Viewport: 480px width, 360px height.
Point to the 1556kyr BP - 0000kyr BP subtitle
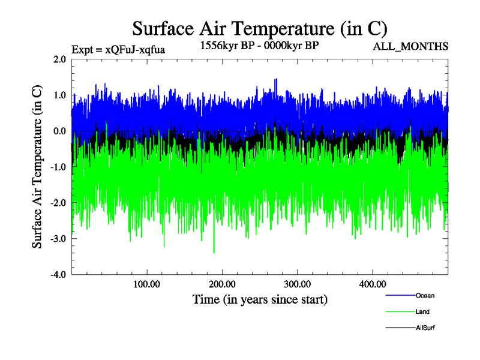259,44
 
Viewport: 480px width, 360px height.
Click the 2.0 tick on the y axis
59,59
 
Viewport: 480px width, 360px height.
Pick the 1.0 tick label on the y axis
59,95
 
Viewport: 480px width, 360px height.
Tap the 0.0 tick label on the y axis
59,131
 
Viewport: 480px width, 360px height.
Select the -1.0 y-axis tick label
58,167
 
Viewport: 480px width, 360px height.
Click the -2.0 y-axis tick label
58,203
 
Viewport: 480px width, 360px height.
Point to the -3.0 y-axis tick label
58,239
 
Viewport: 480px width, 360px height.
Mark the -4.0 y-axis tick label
58,275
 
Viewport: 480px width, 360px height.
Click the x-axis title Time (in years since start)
260,299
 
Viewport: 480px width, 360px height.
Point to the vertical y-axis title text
37,167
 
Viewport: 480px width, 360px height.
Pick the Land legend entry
422,312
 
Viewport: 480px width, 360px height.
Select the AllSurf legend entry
425,328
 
